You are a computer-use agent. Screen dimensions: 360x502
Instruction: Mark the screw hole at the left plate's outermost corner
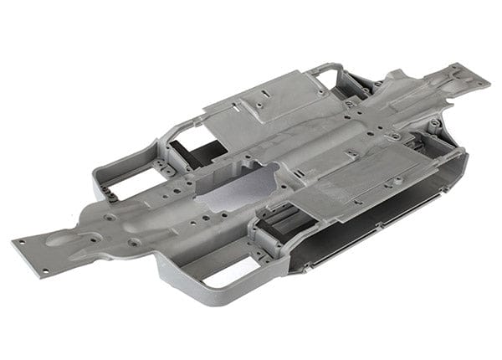[17, 242]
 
